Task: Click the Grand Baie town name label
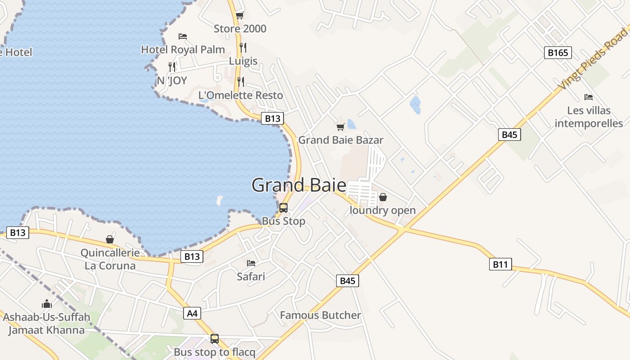[x=299, y=185]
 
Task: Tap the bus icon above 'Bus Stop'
[x=283, y=207]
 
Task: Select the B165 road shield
[x=558, y=53]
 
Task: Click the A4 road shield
[x=192, y=313]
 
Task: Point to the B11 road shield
[x=500, y=264]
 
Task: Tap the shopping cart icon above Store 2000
[x=239, y=16]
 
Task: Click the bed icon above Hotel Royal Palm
[x=183, y=36]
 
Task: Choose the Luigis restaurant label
[x=243, y=61]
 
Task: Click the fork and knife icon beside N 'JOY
[x=172, y=67]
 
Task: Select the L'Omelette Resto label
[x=241, y=95]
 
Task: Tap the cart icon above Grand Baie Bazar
[x=341, y=127]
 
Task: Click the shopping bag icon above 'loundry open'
[x=382, y=197]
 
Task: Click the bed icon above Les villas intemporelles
[x=588, y=97]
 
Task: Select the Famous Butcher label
[x=320, y=315]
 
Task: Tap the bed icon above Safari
[x=251, y=263]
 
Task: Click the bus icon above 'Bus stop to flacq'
[x=215, y=338]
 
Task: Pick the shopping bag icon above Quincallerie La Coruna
[x=109, y=239]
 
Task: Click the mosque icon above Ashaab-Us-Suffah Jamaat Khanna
[x=46, y=304]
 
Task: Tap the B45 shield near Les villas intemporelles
[x=509, y=135]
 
